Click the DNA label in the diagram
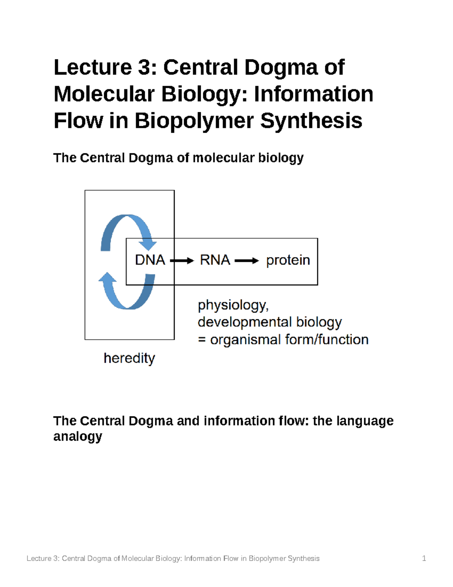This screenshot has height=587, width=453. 150,260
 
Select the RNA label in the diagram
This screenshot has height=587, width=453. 215,260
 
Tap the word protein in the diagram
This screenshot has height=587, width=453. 288,260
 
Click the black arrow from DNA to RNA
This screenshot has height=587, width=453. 182,260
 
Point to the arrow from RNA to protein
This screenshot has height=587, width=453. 247,260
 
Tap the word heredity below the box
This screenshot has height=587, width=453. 129,358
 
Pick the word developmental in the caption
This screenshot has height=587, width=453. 244,322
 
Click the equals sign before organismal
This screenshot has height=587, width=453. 202,340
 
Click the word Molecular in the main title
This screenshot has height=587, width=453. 104,94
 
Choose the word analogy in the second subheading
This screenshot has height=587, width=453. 77,437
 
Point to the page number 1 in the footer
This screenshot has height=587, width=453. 424,558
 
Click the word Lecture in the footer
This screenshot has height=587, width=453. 39,558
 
